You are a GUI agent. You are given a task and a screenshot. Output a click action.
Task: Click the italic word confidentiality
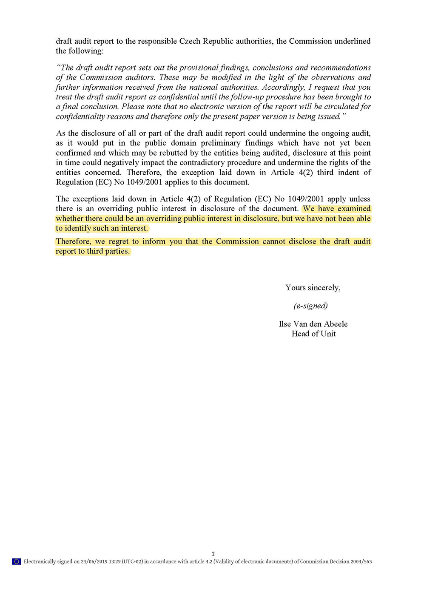[x=80, y=116]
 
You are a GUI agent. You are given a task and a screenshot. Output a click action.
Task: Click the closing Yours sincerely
[x=313, y=288]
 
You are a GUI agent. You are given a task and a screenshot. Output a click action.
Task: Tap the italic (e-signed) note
[x=310, y=306]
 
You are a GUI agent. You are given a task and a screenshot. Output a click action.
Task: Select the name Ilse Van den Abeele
[x=313, y=324]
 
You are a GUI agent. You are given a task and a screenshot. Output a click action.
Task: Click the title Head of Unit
[x=313, y=334]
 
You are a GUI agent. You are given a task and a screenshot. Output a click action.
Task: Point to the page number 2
[x=213, y=553]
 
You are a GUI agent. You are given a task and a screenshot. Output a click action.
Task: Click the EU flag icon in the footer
[x=17, y=561]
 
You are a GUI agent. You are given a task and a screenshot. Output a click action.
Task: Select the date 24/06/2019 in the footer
[x=95, y=561]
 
